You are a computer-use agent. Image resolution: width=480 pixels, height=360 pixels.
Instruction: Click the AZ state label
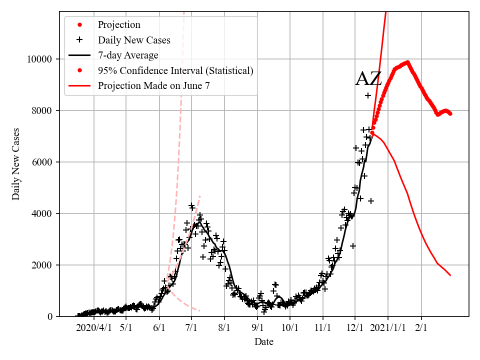368,79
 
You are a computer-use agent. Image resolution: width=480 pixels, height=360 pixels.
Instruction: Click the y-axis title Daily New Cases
16,163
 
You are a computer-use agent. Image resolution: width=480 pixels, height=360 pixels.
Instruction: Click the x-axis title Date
263,342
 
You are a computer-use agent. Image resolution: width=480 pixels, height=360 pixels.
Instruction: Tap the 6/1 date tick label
159,328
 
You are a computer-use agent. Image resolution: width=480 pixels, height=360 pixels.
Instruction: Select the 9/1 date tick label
257,328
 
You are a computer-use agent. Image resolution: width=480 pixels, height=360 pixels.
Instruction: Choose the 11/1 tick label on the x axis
322,328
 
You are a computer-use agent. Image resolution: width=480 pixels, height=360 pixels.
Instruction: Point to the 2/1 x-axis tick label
421,328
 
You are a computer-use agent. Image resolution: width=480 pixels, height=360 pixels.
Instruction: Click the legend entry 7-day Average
128,55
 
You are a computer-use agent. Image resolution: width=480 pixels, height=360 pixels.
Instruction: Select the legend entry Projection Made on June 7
153,85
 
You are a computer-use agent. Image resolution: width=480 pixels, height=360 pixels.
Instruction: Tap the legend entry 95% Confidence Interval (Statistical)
175,70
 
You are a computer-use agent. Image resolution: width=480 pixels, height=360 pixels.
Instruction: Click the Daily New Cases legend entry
134,40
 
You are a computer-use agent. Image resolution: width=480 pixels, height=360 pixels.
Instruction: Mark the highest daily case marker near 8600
368,95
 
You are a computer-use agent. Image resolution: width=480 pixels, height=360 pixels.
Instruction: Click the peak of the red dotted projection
407,62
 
